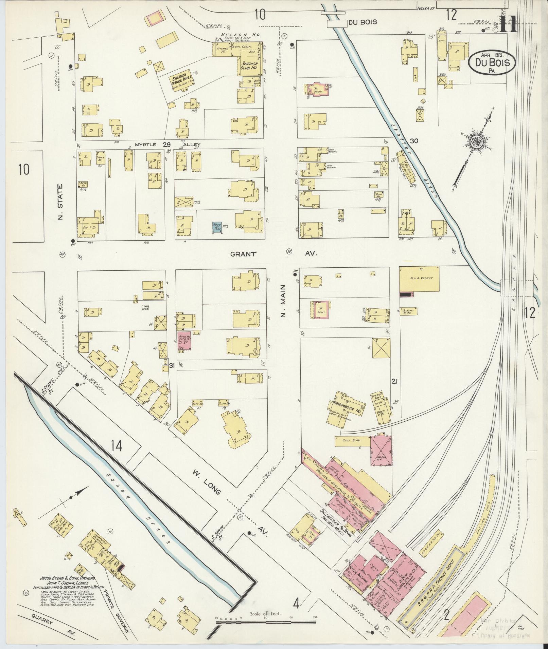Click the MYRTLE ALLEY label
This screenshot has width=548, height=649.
pos(167,145)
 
